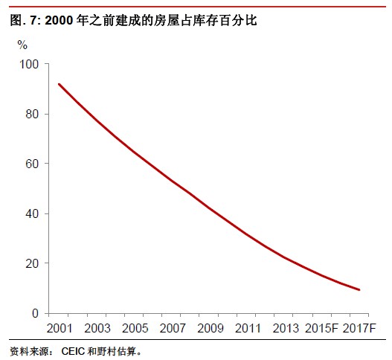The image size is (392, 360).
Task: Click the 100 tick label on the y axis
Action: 29,65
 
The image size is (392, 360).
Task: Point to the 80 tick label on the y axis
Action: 32,114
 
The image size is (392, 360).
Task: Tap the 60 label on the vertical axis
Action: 32,164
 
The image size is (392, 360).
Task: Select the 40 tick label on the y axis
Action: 32,213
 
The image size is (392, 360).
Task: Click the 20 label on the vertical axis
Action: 32,263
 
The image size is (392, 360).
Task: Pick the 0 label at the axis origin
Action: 36,313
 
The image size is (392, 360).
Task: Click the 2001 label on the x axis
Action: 60,328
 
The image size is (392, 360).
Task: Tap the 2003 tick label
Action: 97,328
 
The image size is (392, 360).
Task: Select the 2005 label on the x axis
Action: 135,328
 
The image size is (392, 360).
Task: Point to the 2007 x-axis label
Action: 173,328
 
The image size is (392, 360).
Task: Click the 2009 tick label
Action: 210,328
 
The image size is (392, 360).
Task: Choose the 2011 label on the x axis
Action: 248,328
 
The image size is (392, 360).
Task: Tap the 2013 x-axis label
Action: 286,328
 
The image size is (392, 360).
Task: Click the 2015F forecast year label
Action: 321,328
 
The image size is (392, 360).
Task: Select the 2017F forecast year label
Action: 359,328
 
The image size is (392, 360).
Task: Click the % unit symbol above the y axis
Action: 22,45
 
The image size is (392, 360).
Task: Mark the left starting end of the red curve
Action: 59,84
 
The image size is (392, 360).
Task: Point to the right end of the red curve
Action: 359,290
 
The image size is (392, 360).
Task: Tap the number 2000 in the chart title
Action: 59,21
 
